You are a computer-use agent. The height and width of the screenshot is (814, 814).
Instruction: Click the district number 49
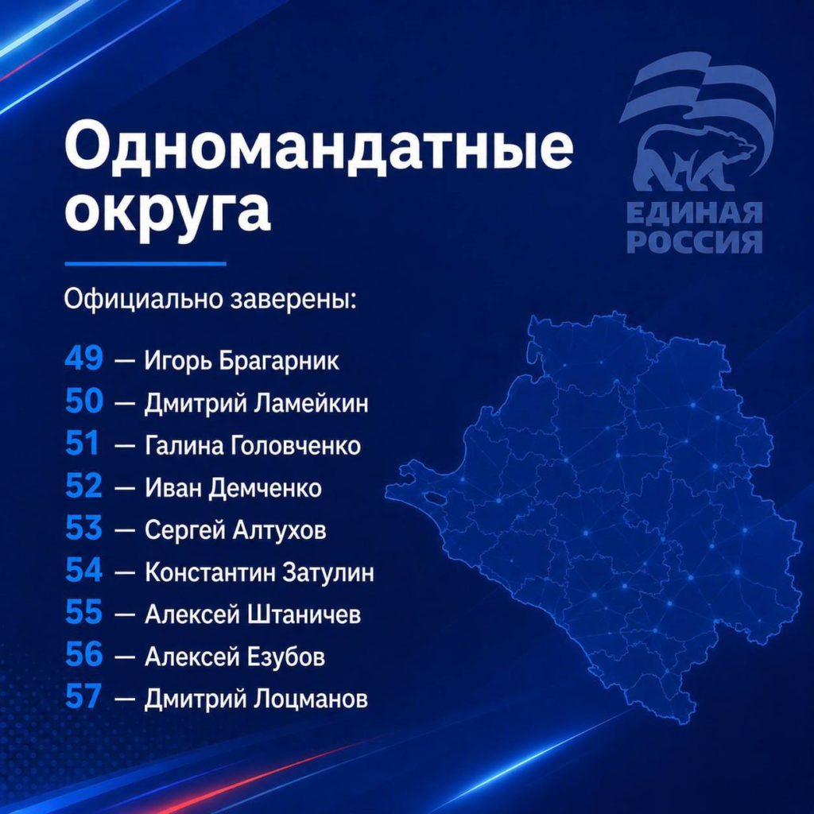(x=84, y=359)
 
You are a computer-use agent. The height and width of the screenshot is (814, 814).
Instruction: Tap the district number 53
(x=84, y=528)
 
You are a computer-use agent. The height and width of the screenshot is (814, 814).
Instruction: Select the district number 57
(x=83, y=696)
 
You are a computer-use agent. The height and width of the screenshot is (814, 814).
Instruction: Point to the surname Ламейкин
(x=311, y=403)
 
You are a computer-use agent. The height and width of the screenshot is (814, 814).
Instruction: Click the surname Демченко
(x=265, y=489)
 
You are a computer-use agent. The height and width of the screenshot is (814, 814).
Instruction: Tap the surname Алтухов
(x=279, y=530)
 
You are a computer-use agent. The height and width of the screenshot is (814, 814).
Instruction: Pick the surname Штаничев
(x=304, y=615)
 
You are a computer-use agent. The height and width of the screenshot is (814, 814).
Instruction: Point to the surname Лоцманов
(x=311, y=700)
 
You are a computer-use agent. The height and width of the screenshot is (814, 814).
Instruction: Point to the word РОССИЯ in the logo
(x=694, y=242)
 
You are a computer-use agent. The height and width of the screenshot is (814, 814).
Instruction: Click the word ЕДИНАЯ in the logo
(x=694, y=213)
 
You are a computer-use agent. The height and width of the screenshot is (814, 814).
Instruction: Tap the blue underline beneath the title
(x=145, y=264)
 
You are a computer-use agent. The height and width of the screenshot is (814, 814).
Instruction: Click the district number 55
(x=84, y=612)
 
